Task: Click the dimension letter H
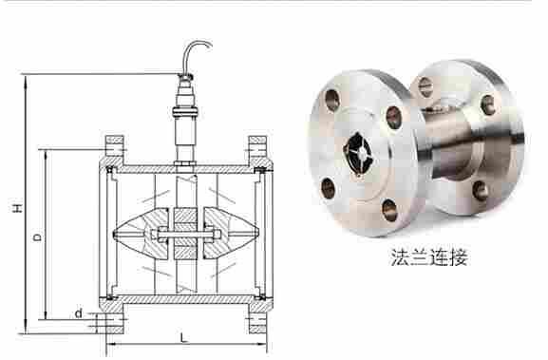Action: (x=17, y=207)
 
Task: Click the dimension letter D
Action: (x=37, y=237)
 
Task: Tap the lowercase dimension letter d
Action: (x=79, y=313)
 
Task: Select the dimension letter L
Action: (x=183, y=337)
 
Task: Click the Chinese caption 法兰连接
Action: (x=429, y=256)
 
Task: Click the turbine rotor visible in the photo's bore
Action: (x=358, y=154)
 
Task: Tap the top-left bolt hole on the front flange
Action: (x=331, y=100)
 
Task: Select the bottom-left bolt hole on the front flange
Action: (x=329, y=188)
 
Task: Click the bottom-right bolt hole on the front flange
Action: (x=389, y=211)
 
